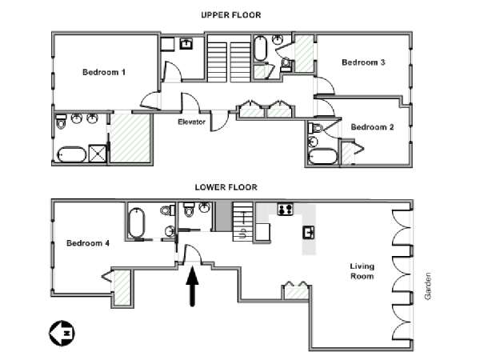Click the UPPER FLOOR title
tap(231, 15)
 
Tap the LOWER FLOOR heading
tap(226, 187)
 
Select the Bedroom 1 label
tap(104, 72)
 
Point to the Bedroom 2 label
tap(372, 127)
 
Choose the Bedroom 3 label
tap(363, 62)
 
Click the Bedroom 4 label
tap(88, 243)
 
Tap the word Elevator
tap(192, 122)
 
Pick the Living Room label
tap(362, 271)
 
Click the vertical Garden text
tap(428, 286)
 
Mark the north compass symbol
tap(62, 334)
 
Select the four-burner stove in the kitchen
tap(286, 210)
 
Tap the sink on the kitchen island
tap(309, 233)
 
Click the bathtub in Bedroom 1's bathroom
tap(72, 154)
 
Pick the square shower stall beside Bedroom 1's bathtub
tap(97, 153)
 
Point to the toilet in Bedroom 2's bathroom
tap(316, 128)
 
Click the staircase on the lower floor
tap(242, 222)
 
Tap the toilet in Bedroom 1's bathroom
tap(62, 122)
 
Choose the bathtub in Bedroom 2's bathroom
tap(322, 157)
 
